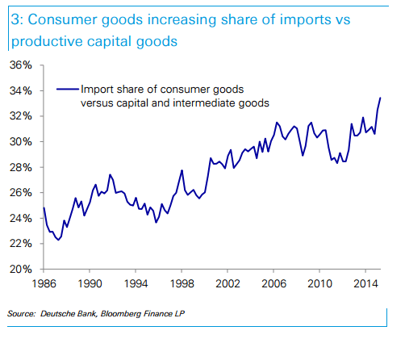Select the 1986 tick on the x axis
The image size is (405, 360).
44,284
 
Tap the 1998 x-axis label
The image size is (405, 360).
182,284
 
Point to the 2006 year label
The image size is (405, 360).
274,284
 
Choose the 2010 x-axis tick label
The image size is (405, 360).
321,284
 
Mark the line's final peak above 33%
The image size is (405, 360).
380,98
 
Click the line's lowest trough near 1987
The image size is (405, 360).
59,240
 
